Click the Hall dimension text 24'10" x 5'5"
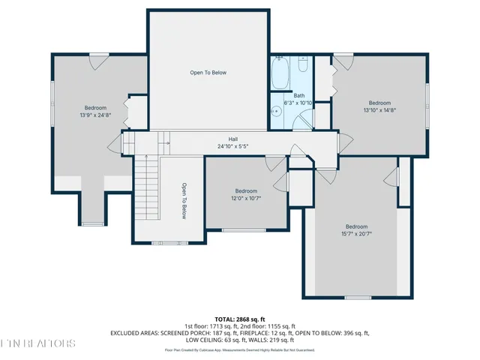[x=232, y=147]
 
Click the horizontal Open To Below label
[x=208, y=73]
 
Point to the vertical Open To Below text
[x=184, y=201]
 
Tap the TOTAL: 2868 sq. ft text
[x=240, y=319]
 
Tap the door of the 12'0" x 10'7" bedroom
[x=280, y=181]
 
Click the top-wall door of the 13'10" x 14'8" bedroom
[x=344, y=59]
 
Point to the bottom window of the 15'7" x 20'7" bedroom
[x=358, y=298]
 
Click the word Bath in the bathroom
[x=298, y=95]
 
